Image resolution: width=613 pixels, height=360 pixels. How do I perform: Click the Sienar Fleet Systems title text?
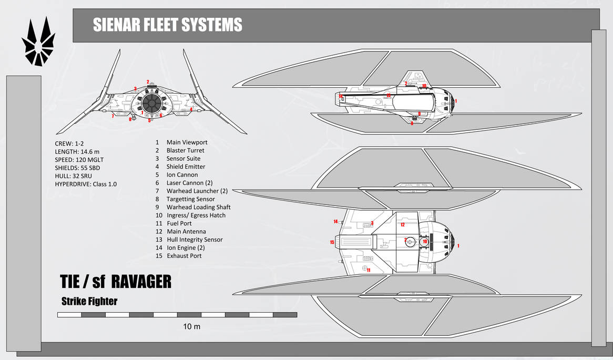coord(167,25)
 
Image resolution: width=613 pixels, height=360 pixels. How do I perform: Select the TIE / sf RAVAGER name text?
coord(116,282)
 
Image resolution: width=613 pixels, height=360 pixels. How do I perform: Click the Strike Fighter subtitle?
coord(89,301)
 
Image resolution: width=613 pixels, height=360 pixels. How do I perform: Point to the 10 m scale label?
coord(191,326)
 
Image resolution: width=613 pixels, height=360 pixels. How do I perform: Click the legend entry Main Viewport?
coord(187,142)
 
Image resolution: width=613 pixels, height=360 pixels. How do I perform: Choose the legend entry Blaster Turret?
coord(185,150)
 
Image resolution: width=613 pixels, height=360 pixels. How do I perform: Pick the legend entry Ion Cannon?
coord(182,174)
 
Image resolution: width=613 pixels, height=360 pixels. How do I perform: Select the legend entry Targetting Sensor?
coord(190,199)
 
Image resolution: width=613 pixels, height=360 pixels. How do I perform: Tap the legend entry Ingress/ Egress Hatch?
coord(196,215)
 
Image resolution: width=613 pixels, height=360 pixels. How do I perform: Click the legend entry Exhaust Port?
coord(184,256)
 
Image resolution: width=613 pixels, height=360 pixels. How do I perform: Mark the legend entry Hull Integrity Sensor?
coord(195,240)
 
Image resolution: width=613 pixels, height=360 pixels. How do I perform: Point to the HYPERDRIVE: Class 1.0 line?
coord(86,184)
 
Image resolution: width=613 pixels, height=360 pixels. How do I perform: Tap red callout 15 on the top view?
coord(332,242)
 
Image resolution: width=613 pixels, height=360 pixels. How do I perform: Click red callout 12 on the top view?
coord(402,224)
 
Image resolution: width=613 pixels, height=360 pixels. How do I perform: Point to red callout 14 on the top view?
coord(335,221)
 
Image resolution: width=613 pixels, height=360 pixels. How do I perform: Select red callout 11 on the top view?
coord(369,270)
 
